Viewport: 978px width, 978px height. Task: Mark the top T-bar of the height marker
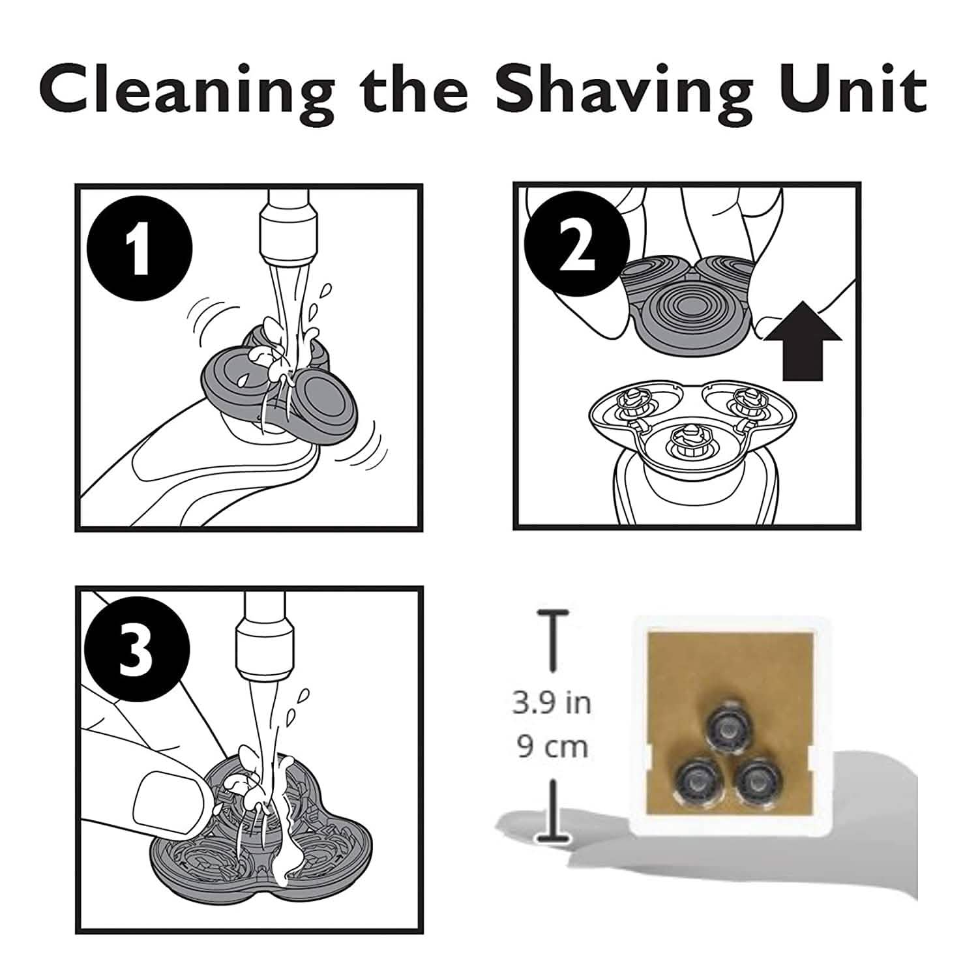(x=553, y=613)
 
